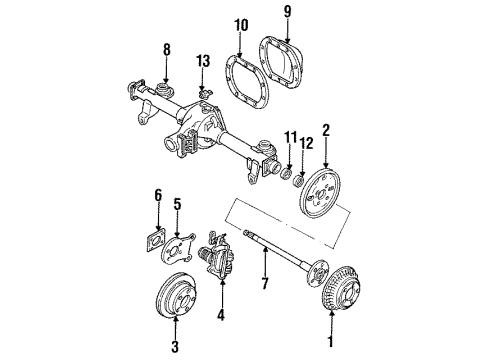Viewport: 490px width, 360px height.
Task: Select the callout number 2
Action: tap(325, 130)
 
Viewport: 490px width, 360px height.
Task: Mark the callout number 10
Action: tap(240, 24)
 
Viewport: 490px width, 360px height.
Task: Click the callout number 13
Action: tap(204, 62)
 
